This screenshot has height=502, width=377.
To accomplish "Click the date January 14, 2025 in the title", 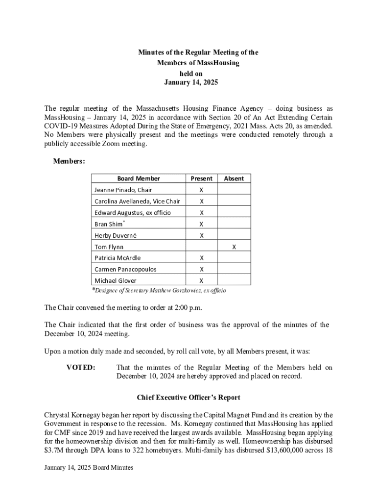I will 190,82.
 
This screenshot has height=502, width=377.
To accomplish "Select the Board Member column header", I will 138,178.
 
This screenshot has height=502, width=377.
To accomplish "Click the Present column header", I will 201,178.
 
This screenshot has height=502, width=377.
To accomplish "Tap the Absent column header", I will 234,178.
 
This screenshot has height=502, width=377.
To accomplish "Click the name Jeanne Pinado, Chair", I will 123,190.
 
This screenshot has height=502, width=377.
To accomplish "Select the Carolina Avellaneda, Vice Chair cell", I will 137,201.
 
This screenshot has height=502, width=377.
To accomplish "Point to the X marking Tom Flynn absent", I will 234,247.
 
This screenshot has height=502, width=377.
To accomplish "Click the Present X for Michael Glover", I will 201,281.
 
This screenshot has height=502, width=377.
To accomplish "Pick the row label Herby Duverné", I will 116,235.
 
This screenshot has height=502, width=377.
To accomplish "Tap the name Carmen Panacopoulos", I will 125,269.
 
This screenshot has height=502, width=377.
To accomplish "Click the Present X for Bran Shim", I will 201,224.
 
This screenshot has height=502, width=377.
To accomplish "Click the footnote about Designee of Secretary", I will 159,290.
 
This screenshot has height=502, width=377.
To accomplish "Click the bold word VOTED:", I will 81,367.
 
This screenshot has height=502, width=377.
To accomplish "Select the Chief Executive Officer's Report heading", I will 188,397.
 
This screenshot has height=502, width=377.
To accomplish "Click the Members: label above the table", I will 69,161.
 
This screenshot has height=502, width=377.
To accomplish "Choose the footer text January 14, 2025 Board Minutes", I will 88,468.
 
